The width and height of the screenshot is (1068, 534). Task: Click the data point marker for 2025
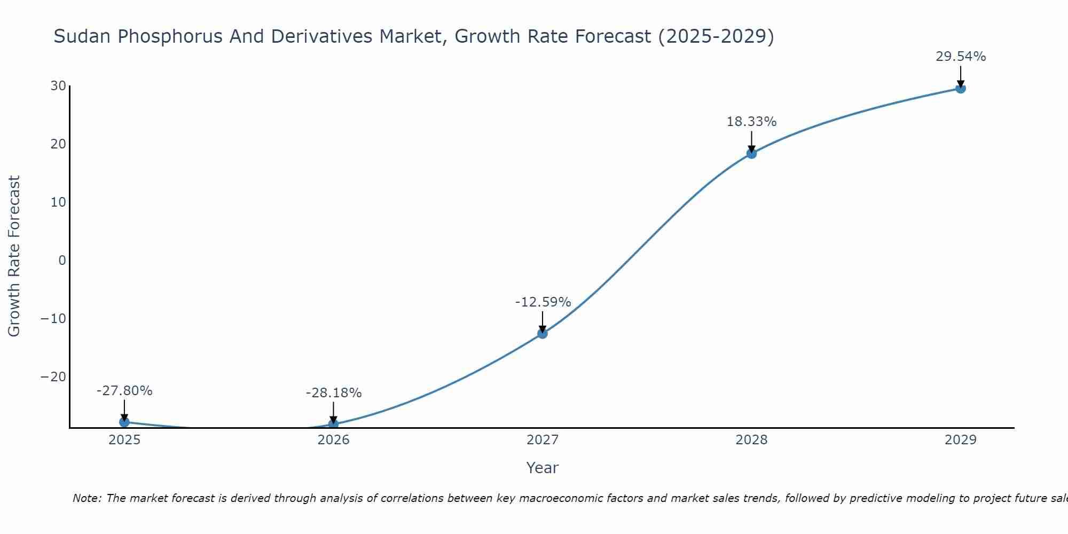coord(124,422)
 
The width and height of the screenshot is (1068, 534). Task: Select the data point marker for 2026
coord(333,424)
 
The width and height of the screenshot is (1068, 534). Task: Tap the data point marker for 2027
coord(542,333)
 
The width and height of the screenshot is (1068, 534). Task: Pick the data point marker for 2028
coord(751,153)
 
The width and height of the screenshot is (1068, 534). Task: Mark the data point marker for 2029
coord(960,88)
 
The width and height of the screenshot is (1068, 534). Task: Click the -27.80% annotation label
coord(124,391)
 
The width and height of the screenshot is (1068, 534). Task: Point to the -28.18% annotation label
coord(333,393)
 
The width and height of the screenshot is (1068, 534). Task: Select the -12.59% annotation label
coord(543,302)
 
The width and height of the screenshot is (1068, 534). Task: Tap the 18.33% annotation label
coord(751,122)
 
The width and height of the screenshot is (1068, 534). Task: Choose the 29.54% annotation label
coord(960,57)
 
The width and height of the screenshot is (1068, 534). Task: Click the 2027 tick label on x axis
coord(542,440)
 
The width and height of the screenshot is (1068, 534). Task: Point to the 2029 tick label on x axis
coord(960,440)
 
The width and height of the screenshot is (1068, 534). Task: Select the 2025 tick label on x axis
coord(124,440)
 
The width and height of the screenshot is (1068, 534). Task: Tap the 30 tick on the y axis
coord(58,86)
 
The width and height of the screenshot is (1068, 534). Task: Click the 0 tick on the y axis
coord(62,260)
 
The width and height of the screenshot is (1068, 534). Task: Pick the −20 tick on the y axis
coord(53,376)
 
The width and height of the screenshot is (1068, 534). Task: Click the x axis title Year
coord(542,468)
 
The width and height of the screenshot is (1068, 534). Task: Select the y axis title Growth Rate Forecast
coord(14,256)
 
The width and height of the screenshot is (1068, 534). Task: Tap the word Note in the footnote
coord(85,498)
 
